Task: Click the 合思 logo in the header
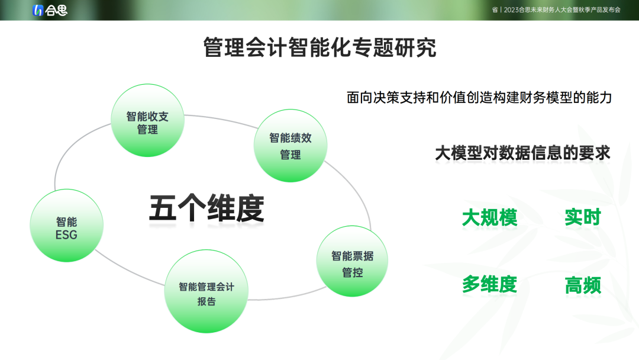pos(50,10)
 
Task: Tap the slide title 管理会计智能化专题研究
pos(320,47)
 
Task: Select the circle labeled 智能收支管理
pos(147,120)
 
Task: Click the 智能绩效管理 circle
pos(291,146)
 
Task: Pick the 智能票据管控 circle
pos(352,261)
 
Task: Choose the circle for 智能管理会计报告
pos(206,291)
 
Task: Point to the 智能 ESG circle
pos(66,226)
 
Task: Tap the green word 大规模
pos(490,217)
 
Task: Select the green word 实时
pos(583,217)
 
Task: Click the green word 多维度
pos(490,285)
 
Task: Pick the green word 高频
pos(583,285)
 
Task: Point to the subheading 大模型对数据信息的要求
pos(522,153)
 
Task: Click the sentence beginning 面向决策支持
pos(479,98)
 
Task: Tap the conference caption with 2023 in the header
pos(556,10)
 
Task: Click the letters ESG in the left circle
pos(66,235)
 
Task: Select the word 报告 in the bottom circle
pos(206,301)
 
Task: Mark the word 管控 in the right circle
pos(353,272)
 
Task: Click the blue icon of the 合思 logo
pos(37,10)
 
